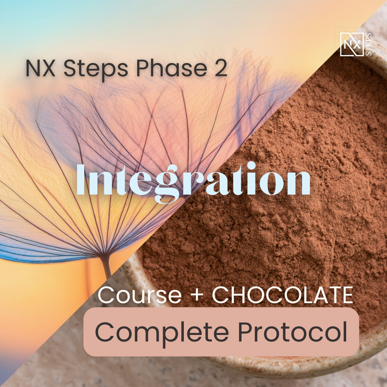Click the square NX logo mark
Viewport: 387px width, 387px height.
tap(352, 44)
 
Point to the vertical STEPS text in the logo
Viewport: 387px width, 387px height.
tap(368, 44)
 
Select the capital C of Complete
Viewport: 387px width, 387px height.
tap(104, 332)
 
